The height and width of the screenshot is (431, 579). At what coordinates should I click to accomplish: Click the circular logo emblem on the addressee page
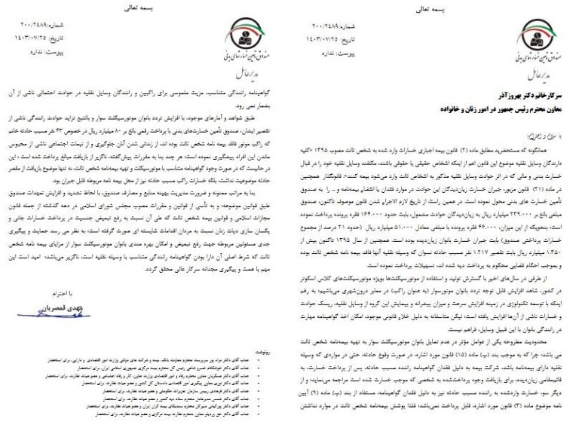[533, 38]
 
